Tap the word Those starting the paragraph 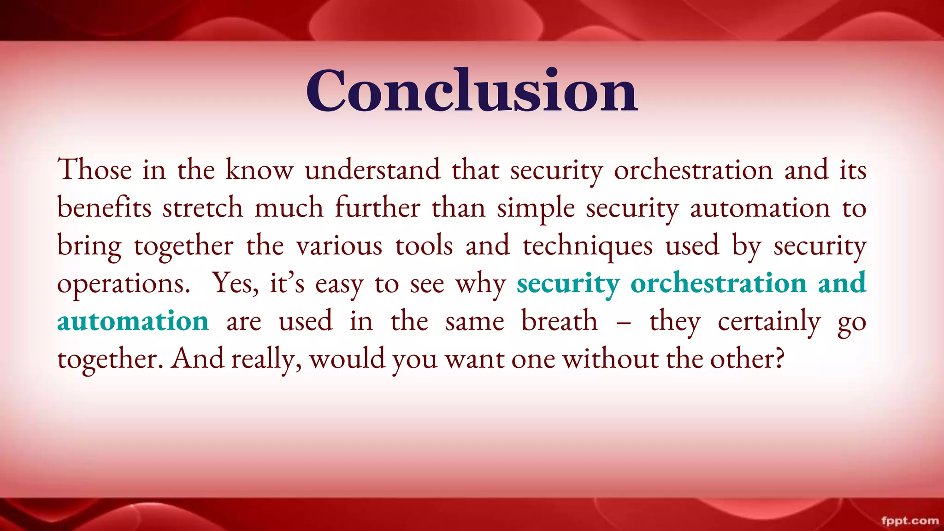(94, 170)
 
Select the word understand (372, 170)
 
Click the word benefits (104, 207)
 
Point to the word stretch (203, 207)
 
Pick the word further (378, 207)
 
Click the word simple (536, 208)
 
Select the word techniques (588, 246)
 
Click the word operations (124, 284)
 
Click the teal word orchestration (719, 283)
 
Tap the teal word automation (133, 321)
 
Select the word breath (559, 321)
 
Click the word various (339, 246)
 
